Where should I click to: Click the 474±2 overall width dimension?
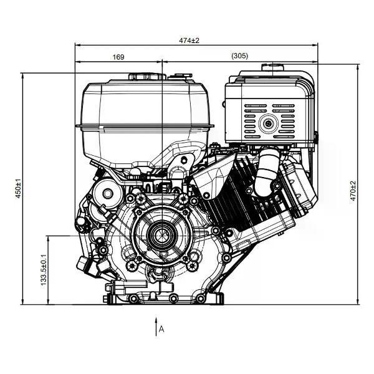point(189,41)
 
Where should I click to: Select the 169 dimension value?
point(118,57)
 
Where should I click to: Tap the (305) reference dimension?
point(240,56)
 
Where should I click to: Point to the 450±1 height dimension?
point(18,188)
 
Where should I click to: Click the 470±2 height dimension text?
point(353,191)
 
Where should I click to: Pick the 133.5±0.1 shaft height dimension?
point(44,270)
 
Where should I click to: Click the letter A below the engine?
point(161,329)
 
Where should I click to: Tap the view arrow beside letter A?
point(156,327)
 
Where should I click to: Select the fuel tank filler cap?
point(147,76)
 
